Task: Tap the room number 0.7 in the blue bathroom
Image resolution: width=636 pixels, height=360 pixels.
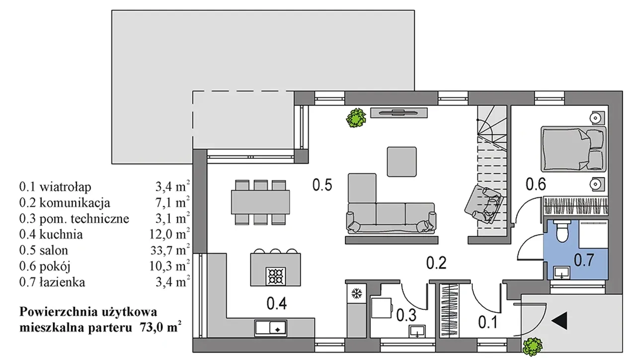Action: click(x=584, y=260)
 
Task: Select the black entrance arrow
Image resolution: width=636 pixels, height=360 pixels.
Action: click(x=559, y=321)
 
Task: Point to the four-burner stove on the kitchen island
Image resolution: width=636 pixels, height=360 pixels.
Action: click(x=275, y=276)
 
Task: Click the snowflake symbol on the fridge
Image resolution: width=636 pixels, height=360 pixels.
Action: click(x=356, y=293)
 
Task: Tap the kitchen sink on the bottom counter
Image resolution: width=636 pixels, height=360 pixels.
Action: click(x=271, y=328)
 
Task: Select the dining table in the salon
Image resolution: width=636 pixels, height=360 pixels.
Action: click(x=260, y=202)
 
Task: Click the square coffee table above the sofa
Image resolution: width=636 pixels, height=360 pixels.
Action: click(x=402, y=162)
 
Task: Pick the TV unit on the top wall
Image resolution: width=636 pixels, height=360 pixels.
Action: click(x=399, y=113)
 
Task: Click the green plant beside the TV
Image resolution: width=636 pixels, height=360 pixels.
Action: click(x=356, y=118)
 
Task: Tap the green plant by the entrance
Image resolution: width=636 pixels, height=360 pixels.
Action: click(x=533, y=347)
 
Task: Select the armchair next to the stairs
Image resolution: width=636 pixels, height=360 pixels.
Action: click(x=484, y=204)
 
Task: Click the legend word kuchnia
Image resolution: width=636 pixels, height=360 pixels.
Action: click(x=61, y=235)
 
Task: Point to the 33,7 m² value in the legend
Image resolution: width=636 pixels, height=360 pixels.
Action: click(x=170, y=250)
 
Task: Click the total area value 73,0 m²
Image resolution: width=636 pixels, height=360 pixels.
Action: click(x=160, y=327)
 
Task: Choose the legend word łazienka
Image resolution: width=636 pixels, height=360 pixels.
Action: click(x=62, y=282)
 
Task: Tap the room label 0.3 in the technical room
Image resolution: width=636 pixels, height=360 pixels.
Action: click(x=406, y=315)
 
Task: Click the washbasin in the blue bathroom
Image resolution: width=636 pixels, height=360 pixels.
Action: click(x=561, y=273)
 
